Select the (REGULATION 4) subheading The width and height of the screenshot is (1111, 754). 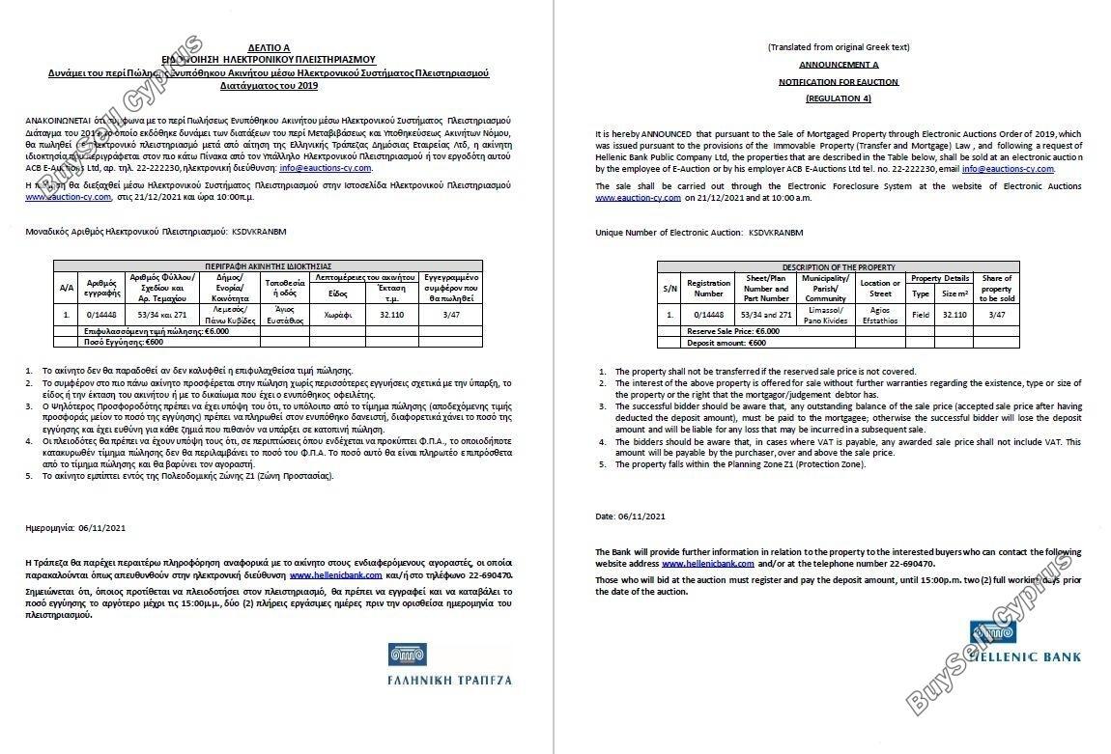(838, 98)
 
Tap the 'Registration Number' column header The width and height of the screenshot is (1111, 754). (708, 288)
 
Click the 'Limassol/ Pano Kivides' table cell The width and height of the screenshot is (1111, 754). (825, 314)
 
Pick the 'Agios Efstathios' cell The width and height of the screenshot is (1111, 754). (880, 314)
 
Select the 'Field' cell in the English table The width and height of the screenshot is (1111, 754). (921, 314)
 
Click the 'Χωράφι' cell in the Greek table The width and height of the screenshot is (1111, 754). (337, 314)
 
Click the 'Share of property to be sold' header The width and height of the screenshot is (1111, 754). (996, 288)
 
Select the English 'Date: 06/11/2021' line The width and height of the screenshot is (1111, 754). (631, 517)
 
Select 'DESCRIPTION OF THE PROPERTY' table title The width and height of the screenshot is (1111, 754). (838, 266)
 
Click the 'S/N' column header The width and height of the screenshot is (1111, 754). (669, 288)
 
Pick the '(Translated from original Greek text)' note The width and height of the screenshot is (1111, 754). (838, 47)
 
